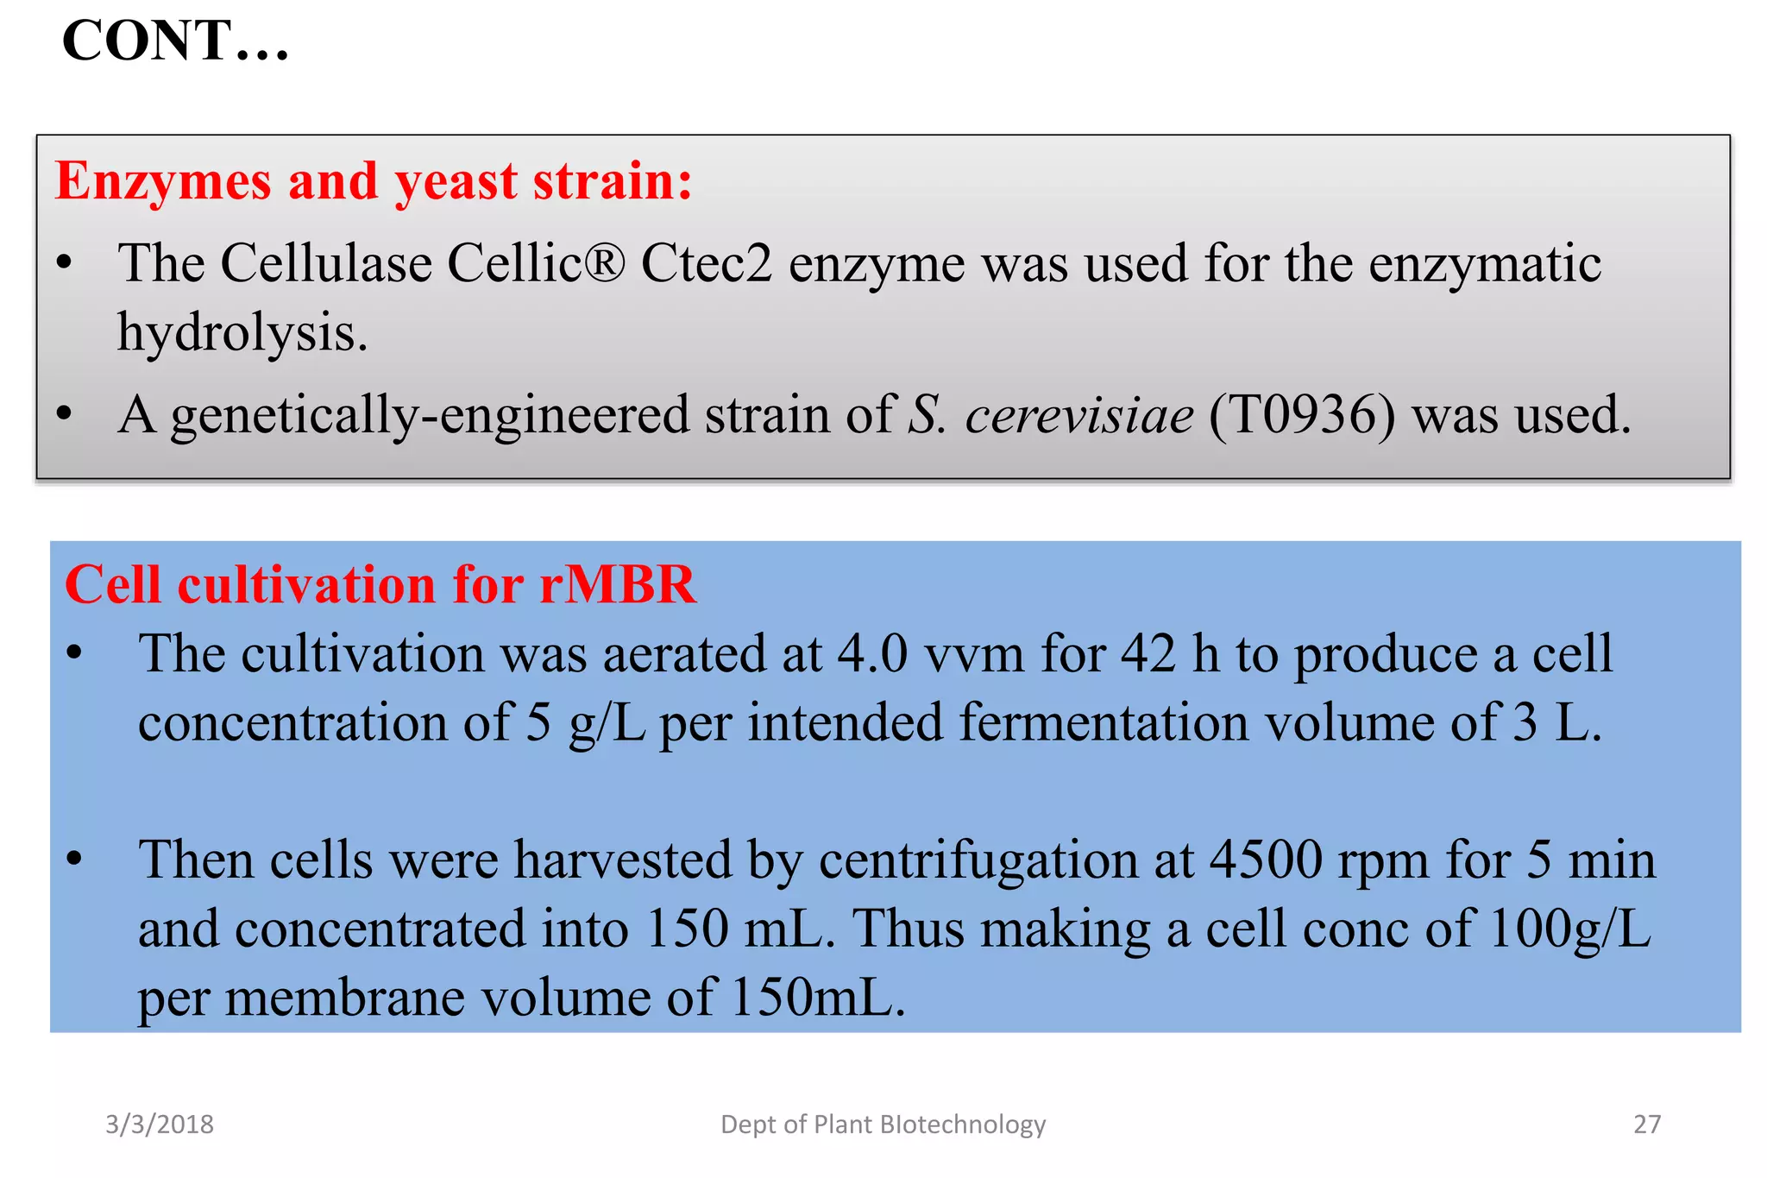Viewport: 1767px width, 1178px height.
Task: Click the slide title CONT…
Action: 175,41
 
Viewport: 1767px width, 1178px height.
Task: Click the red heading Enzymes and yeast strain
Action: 374,181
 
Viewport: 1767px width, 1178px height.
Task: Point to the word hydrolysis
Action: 242,333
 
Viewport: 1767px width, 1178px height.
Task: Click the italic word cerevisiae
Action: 1079,415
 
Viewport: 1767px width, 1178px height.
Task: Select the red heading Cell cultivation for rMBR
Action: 380,585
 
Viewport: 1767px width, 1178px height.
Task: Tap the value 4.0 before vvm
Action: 872,653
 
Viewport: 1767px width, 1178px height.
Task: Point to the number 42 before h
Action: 1148,653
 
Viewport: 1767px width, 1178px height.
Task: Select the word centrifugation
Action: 1006,861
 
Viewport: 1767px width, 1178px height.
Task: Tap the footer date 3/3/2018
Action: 160,1124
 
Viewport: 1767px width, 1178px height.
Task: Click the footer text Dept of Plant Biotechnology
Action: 883,1124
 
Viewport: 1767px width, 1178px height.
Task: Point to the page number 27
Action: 1647,1124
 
